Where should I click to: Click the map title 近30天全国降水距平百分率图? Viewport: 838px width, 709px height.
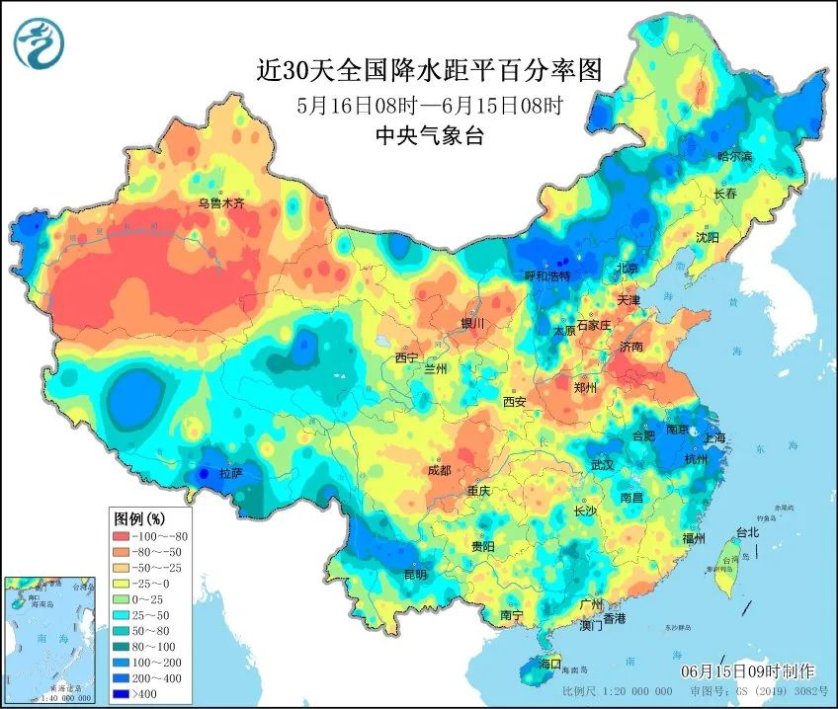pyautogui.click(x=429, y=70)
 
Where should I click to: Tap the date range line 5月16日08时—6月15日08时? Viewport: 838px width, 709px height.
pyautogui.click(x=429, y=105)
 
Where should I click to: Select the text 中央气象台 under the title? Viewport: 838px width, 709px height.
pyautogui.click(x=429, y=137)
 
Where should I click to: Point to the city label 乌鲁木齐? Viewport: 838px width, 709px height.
pyautogui.click(x=219, y=204)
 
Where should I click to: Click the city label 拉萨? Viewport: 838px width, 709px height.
pyautogui.click(x=230, y=474)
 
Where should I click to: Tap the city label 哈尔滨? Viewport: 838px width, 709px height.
pyautogui.click(x=734, y=157)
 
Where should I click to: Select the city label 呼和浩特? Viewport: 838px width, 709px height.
pyautogui.click(x=546, y=276)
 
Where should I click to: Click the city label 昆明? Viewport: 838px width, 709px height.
pyautogui.click(x=415, y=575)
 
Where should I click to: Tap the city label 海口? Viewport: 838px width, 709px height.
pyautogui.click(x=547, y=663)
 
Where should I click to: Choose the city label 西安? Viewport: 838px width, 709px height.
pyautogui.click(x=514, y=402)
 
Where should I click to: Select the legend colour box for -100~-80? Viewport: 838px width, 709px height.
pyautogui.click(x=124, y=535)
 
